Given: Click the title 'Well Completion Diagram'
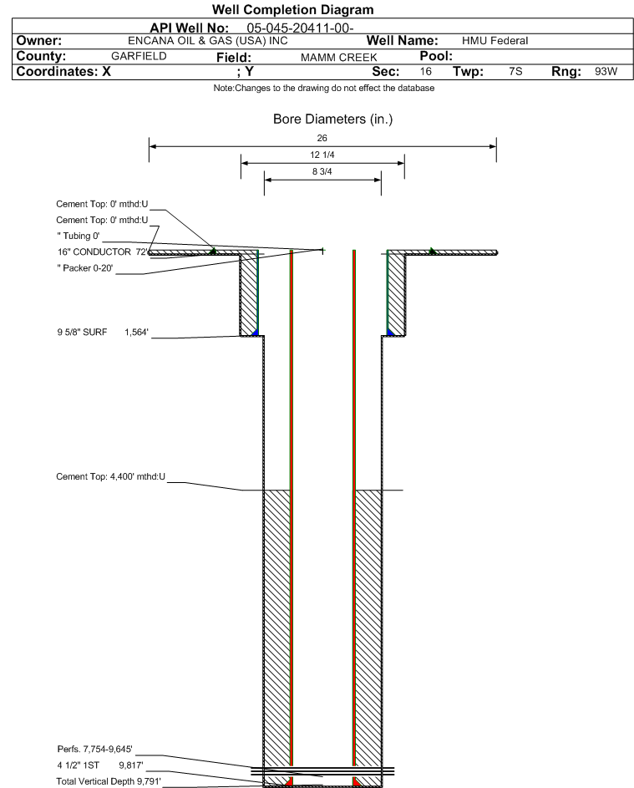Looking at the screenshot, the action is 292,9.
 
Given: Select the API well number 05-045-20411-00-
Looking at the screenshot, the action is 300,28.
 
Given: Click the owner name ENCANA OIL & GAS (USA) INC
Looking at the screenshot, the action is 208,41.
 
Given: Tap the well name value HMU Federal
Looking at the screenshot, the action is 495,41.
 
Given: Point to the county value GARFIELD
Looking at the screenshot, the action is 139,56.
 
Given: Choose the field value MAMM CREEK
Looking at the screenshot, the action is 338,58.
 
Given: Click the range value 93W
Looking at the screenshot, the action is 606,71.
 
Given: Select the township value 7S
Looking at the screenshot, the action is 515,71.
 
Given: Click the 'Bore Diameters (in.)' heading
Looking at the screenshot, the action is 332,119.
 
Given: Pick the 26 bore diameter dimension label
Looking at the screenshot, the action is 322,138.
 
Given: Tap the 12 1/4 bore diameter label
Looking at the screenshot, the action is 322,155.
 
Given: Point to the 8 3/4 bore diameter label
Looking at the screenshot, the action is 322,171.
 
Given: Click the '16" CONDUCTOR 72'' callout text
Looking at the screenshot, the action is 103,252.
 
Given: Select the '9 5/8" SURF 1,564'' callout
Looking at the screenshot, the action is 103,333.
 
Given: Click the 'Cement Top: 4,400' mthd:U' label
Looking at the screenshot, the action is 110,476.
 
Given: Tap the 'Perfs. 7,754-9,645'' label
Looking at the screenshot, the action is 95,750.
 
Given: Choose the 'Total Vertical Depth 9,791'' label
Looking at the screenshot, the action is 109,781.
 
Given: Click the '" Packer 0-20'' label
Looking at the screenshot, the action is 85,268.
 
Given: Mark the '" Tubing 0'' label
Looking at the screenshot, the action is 79,236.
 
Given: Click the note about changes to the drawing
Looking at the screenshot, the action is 324,88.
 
